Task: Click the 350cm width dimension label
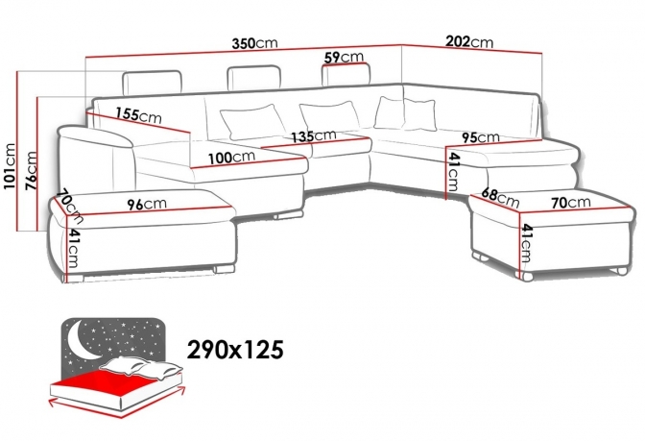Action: (254, 43)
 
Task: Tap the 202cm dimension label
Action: (469, 41)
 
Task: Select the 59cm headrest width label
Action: (344, 57)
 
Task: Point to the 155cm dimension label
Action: (138, 115)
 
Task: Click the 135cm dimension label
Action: (314, 135)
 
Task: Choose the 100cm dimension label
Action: (231, 158)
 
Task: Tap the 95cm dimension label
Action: (480, 137)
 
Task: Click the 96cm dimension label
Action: (147, 204)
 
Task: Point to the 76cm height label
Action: (32, 171)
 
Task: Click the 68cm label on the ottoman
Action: (500, 197)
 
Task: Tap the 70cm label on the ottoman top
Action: (570, 202)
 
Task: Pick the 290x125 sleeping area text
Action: (235, 350)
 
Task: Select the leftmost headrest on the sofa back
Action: (152, 83)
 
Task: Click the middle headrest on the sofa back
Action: (254, 78)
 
